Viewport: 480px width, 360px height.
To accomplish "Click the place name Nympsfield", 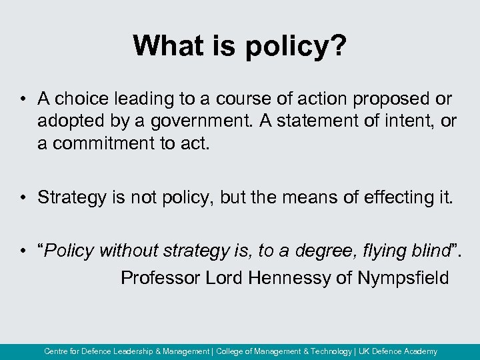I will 403,277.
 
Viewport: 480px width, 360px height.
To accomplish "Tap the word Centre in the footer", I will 56,351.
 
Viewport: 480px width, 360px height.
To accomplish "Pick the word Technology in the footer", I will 331,351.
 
